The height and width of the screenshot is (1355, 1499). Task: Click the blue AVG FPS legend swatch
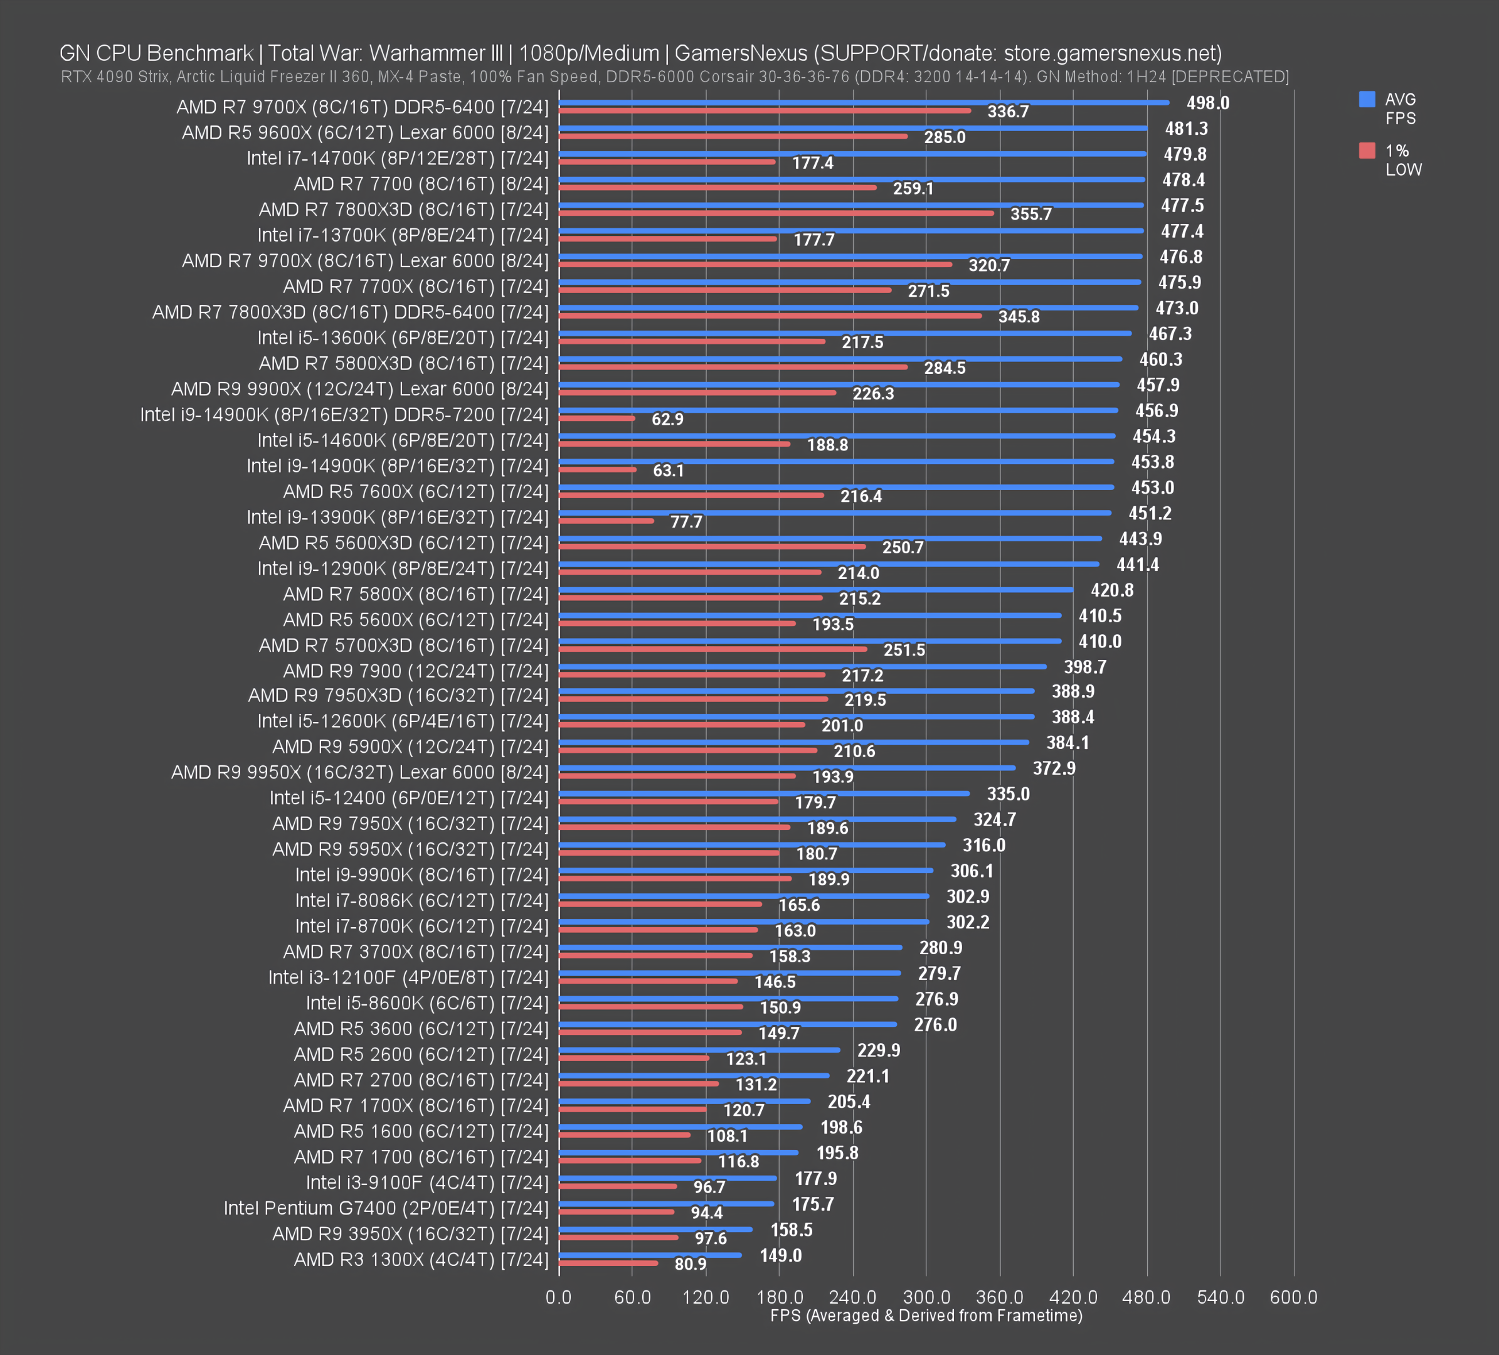pyautogui.click(x=1367, y=100)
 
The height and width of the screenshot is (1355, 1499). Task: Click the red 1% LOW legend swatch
pyautogui.click(x=1367, y=151)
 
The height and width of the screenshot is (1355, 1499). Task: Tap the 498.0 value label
pyautogui.click(x=1207, y=104)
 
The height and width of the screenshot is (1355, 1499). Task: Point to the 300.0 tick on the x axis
pyautogui.click(x=926, y=1297)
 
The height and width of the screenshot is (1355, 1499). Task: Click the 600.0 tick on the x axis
pyautogui.click(x=1293, y=1297)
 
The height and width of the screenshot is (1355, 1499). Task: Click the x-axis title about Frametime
pyautogui.click(x=926, y=1315)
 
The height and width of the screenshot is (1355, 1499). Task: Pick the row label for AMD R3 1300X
pyautogui.click(x=421, y=1259)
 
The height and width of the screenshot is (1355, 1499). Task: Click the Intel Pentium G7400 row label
pyautogui.click(x=386, y=1208)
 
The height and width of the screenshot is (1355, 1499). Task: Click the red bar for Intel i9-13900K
pyautogui.click(x=606, y=521)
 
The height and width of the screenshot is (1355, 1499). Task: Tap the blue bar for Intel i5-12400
pyautogui.click(x=764, y=794)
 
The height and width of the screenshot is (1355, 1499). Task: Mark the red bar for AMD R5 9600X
pyautogui.click(x=733, y=136)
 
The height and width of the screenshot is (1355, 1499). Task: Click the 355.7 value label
pyautogui.click(x=1030, y=214)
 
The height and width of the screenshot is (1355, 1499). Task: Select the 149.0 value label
pyautogui.click(x=780, y=1255)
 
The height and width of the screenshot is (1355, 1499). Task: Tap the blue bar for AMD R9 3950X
pyautogui.click(x=655, y=1230)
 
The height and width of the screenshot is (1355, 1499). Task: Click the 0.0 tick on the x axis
pyautogui.click(x=558, y=1297)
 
